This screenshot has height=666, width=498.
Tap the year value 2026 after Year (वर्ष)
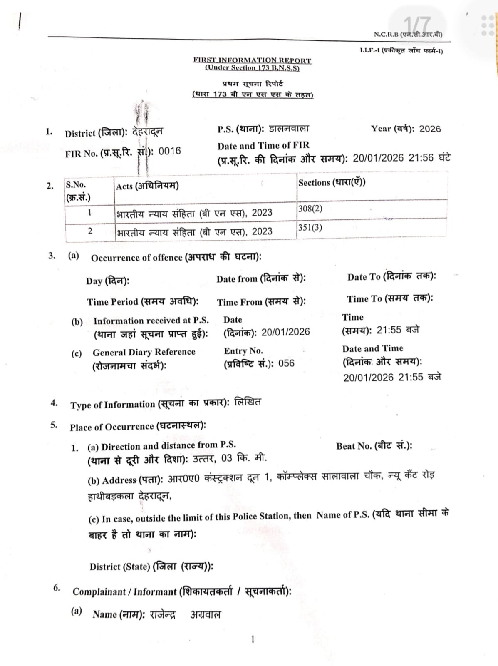430,129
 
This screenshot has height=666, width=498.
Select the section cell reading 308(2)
310,209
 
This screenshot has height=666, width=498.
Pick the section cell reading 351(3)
310,228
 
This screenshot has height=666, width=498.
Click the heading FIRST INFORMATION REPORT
252,60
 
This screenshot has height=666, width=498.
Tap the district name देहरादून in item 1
148,132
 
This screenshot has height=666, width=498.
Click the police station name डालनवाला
289,129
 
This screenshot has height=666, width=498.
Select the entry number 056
286,363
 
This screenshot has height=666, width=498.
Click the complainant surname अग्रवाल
206,614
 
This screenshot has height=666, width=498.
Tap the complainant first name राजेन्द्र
163,614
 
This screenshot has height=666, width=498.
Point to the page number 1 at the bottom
253,639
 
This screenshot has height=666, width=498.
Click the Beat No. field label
374,446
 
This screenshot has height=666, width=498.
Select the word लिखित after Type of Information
248,403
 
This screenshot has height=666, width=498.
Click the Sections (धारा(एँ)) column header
332,182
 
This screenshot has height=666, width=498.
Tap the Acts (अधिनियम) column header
147,186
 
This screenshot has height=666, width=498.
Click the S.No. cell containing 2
90,231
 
